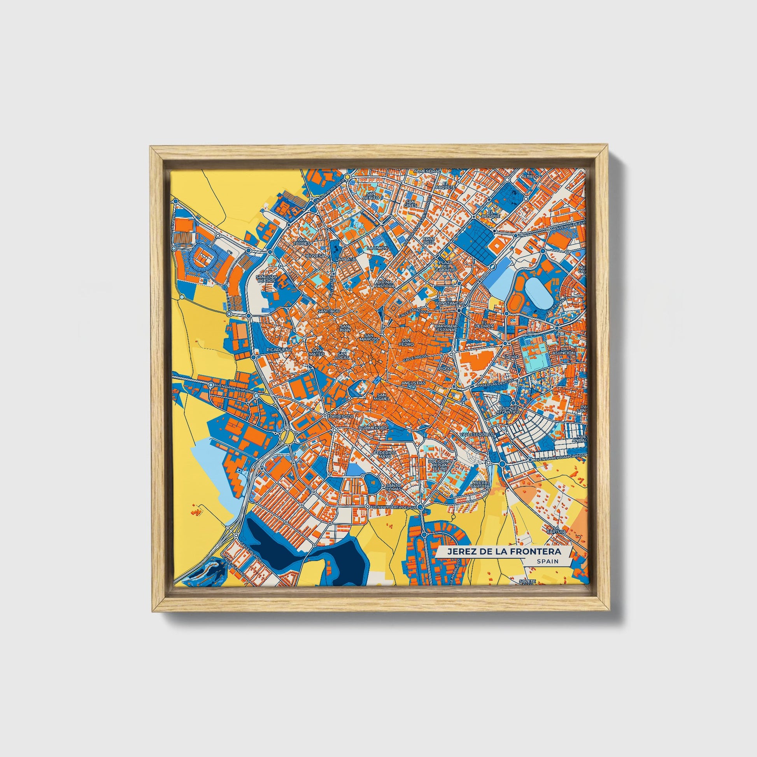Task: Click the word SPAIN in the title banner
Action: click(545, 561)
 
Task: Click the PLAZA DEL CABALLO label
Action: click(446, 266)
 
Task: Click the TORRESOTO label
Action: click(340, 416)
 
